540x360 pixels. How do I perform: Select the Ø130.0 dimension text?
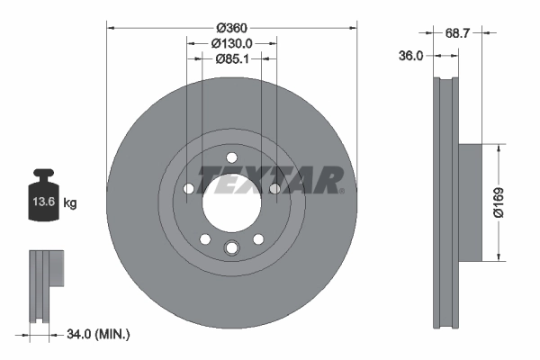coord(231,42)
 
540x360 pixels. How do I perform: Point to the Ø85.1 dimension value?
coord(231,59)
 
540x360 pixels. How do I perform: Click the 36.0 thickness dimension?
coord(410,56)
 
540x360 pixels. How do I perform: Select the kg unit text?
coord(70,203)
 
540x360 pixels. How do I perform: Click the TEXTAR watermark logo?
coord(270,179)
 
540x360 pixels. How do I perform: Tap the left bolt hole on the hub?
coord(188,189)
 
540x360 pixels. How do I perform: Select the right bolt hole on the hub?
coord(274,188)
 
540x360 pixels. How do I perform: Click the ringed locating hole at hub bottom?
coord(230,249)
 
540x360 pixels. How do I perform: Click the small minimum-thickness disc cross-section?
coord(42,283)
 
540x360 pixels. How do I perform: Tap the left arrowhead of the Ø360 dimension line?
coord(111,26)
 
